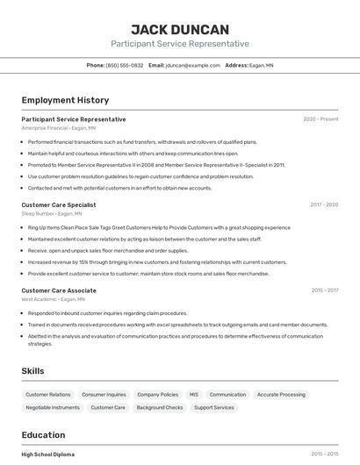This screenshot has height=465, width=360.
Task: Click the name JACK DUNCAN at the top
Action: pos(179,29)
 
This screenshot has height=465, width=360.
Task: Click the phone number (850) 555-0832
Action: pos(124,65)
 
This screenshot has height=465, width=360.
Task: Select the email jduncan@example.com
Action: pos(192,65)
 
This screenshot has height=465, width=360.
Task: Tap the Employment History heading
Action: pos(65,100)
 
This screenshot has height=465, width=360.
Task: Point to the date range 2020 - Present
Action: pos(320,119)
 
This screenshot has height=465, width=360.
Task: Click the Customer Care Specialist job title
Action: pos(59,204)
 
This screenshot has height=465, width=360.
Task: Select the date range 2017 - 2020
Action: pos(324,204)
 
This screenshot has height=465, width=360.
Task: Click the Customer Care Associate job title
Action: pos(59,290)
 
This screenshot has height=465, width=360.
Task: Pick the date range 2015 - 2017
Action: pos(325,290)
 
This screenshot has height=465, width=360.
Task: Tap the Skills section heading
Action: pos(32,371)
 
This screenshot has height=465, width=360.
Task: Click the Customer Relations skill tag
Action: pos(48,395)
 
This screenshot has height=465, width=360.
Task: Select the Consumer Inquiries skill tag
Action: pos(104,395)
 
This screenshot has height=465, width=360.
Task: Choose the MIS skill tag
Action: pos(194,395)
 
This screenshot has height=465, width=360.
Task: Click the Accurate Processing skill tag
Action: pos(281,395)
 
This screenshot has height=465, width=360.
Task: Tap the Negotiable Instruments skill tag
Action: pos(53,408)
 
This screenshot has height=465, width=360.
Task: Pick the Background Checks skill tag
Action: pos(160,408)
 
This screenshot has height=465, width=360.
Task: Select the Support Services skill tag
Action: pos(214,408)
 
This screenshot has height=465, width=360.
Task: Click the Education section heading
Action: pos(43,435)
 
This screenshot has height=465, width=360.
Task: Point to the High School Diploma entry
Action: pos(48,454)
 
